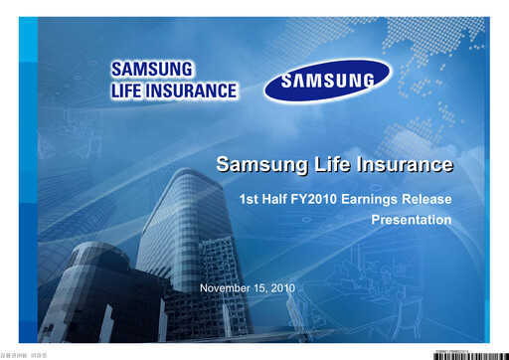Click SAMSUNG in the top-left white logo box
point(153,71)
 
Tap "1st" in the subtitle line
point(250,199)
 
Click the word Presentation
point(411,219)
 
